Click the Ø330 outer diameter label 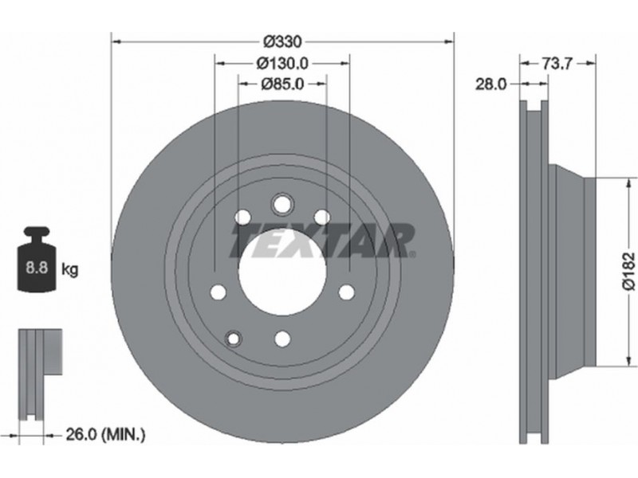[283, 41]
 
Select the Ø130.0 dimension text [282, 64]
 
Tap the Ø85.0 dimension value [282, 84]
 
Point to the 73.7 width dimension [557, 64]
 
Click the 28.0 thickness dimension [491, 84]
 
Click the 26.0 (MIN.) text [105, 435]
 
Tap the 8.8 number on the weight [37, 268]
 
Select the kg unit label [69, 269]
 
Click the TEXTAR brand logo [322, 241]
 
